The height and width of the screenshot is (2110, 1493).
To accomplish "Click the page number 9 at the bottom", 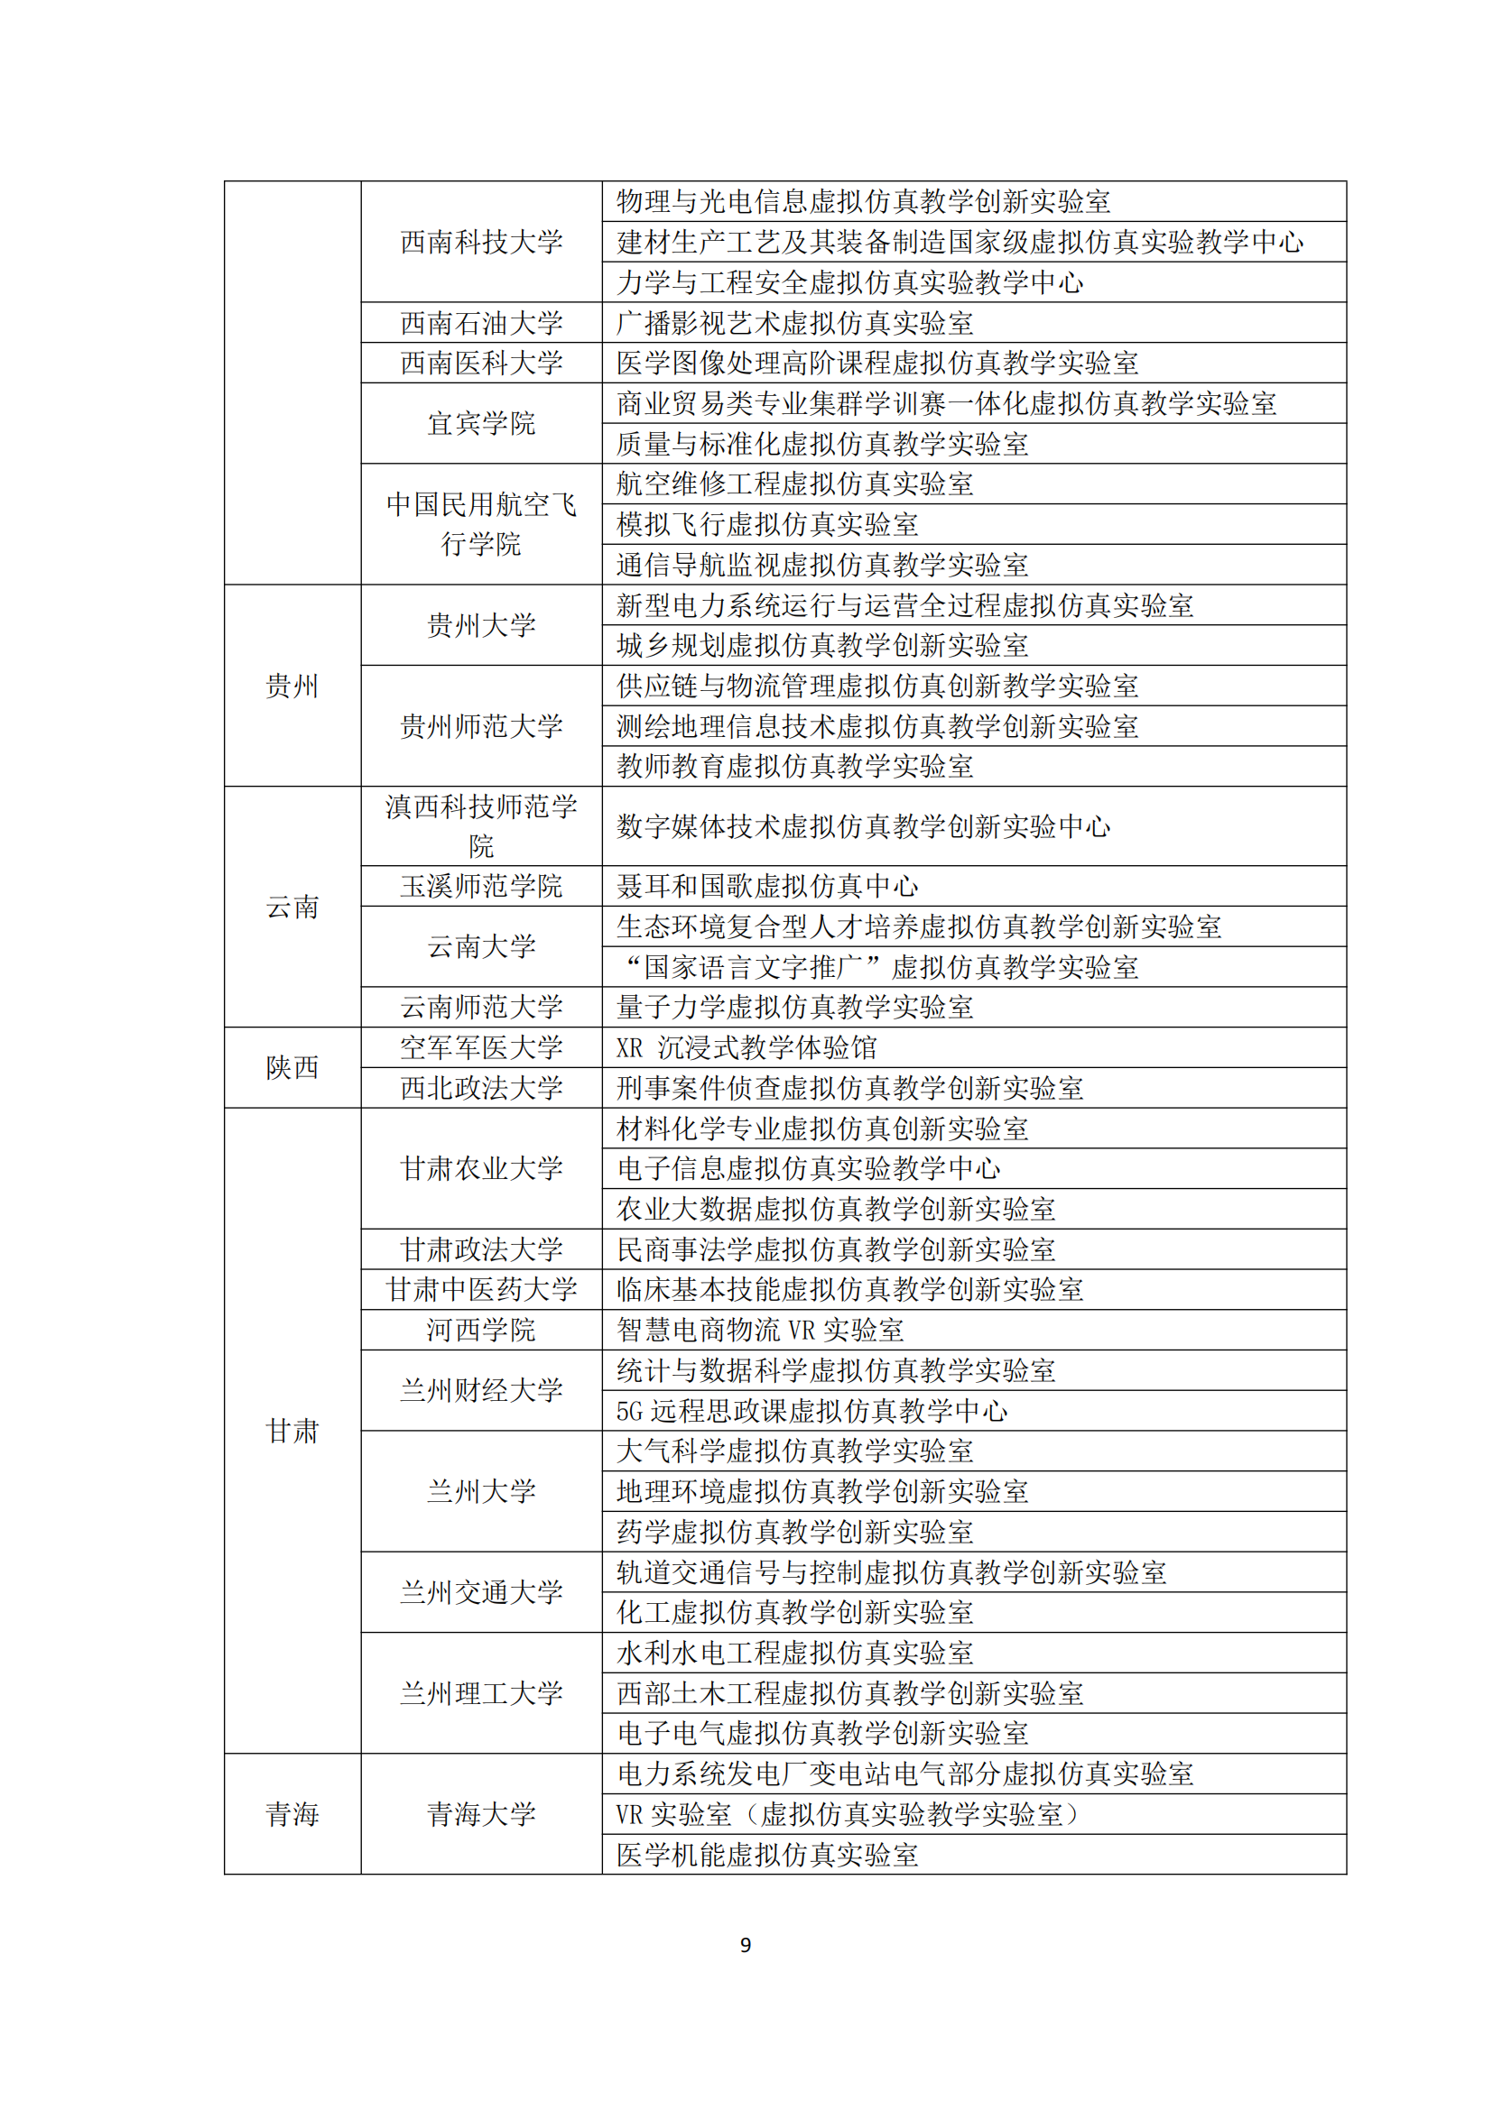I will (746, 1944).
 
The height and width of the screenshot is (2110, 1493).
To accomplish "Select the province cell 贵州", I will (292, 686).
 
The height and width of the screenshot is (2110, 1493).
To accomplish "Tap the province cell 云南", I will (292, 907).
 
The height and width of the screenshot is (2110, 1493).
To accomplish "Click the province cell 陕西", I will (292, 1068).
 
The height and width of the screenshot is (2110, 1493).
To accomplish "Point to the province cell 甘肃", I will (292, 1431).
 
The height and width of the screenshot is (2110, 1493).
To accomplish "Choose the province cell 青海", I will (292, 1814).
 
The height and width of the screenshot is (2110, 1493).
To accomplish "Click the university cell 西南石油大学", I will (481, 324).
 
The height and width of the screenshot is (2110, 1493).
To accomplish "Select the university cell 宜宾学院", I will (481, 424).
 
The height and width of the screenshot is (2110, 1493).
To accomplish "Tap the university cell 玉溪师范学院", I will (481, 887).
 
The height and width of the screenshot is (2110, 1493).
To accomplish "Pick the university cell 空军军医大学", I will (481, 1047).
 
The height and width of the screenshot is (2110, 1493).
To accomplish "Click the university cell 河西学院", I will (481, 1330).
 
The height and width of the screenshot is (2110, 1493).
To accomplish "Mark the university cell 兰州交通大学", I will (481, 1592).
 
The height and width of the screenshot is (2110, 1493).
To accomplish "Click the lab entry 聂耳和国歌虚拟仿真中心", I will (767, 887).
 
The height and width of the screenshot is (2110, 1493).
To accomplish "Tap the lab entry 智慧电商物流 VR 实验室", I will (760, 1330).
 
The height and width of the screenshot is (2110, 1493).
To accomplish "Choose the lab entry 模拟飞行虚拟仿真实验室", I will (767, 525).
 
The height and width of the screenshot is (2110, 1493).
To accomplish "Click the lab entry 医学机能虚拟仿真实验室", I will (767, 1855).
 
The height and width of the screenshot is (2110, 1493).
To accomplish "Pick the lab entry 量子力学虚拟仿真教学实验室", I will (795, 1008).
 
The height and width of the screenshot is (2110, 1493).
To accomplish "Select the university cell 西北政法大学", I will (481, 1088).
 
